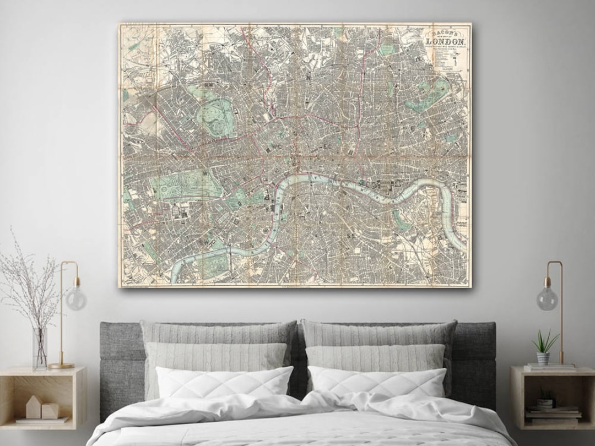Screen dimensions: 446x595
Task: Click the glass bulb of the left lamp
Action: pos(76,298)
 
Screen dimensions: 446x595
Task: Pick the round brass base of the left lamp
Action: pos(61,365)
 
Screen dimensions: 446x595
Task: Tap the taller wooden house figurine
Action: pos(34,407)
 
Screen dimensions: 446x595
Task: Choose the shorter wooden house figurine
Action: pos(50,411)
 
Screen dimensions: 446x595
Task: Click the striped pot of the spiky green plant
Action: pos(543,358)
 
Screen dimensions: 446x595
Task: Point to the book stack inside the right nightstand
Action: pos(553,412)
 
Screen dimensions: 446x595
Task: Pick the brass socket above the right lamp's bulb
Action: pos(547,281)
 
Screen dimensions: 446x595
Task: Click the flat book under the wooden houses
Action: pos(42,420)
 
